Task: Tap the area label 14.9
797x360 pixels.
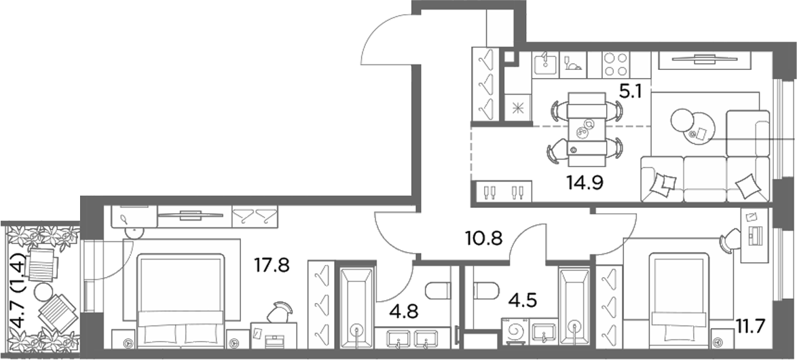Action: click(x=585, y=182)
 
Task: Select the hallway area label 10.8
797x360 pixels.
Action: click(x=484, y=237)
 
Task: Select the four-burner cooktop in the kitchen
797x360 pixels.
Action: click(x=615, y=65)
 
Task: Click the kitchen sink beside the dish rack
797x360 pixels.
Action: click(x=545, y=65)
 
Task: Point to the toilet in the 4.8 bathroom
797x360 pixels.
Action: click(x=437, y=291)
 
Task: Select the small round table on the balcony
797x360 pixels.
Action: click(x=43, y=292)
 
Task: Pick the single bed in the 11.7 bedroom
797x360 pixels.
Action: click(x=680, y=300)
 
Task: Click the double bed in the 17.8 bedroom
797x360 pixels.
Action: click(x=181, y=301)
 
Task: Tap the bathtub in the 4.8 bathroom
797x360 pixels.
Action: click(x=356, y=307)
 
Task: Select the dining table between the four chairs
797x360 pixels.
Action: click(x=587, y=129)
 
